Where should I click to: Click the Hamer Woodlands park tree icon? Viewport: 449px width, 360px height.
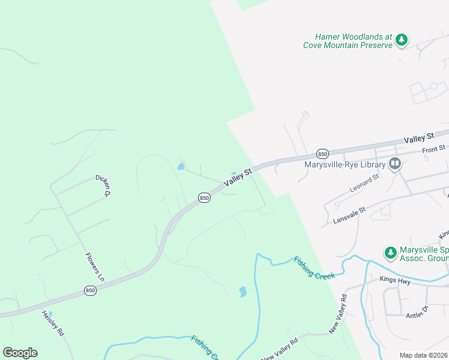[x=402, y=41]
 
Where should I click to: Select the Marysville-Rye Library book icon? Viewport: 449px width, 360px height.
[x=394, y=163]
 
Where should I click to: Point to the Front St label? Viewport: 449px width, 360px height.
[x=433, y=148]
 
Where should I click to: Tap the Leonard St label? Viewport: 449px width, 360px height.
[x=365, y=183]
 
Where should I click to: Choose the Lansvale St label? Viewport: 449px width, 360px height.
[x=349, y=217]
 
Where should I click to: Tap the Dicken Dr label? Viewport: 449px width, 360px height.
[x=104, y=185]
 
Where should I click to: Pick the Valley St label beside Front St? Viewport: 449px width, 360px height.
[x=418, y=138]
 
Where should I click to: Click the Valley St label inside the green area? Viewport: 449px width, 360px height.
[x=239, y=178]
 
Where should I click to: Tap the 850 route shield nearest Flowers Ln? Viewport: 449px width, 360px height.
[x=91, y=290]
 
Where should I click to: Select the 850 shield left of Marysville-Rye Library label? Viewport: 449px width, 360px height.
[x=322, y=153]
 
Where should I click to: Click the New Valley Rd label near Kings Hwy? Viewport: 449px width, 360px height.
[x=338, y=314]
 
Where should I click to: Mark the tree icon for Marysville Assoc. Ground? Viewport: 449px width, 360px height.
[x=391, y=252]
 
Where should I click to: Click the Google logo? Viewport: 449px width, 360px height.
[x=20, y=353]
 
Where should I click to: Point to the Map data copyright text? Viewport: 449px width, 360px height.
[x=423, y=355]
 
